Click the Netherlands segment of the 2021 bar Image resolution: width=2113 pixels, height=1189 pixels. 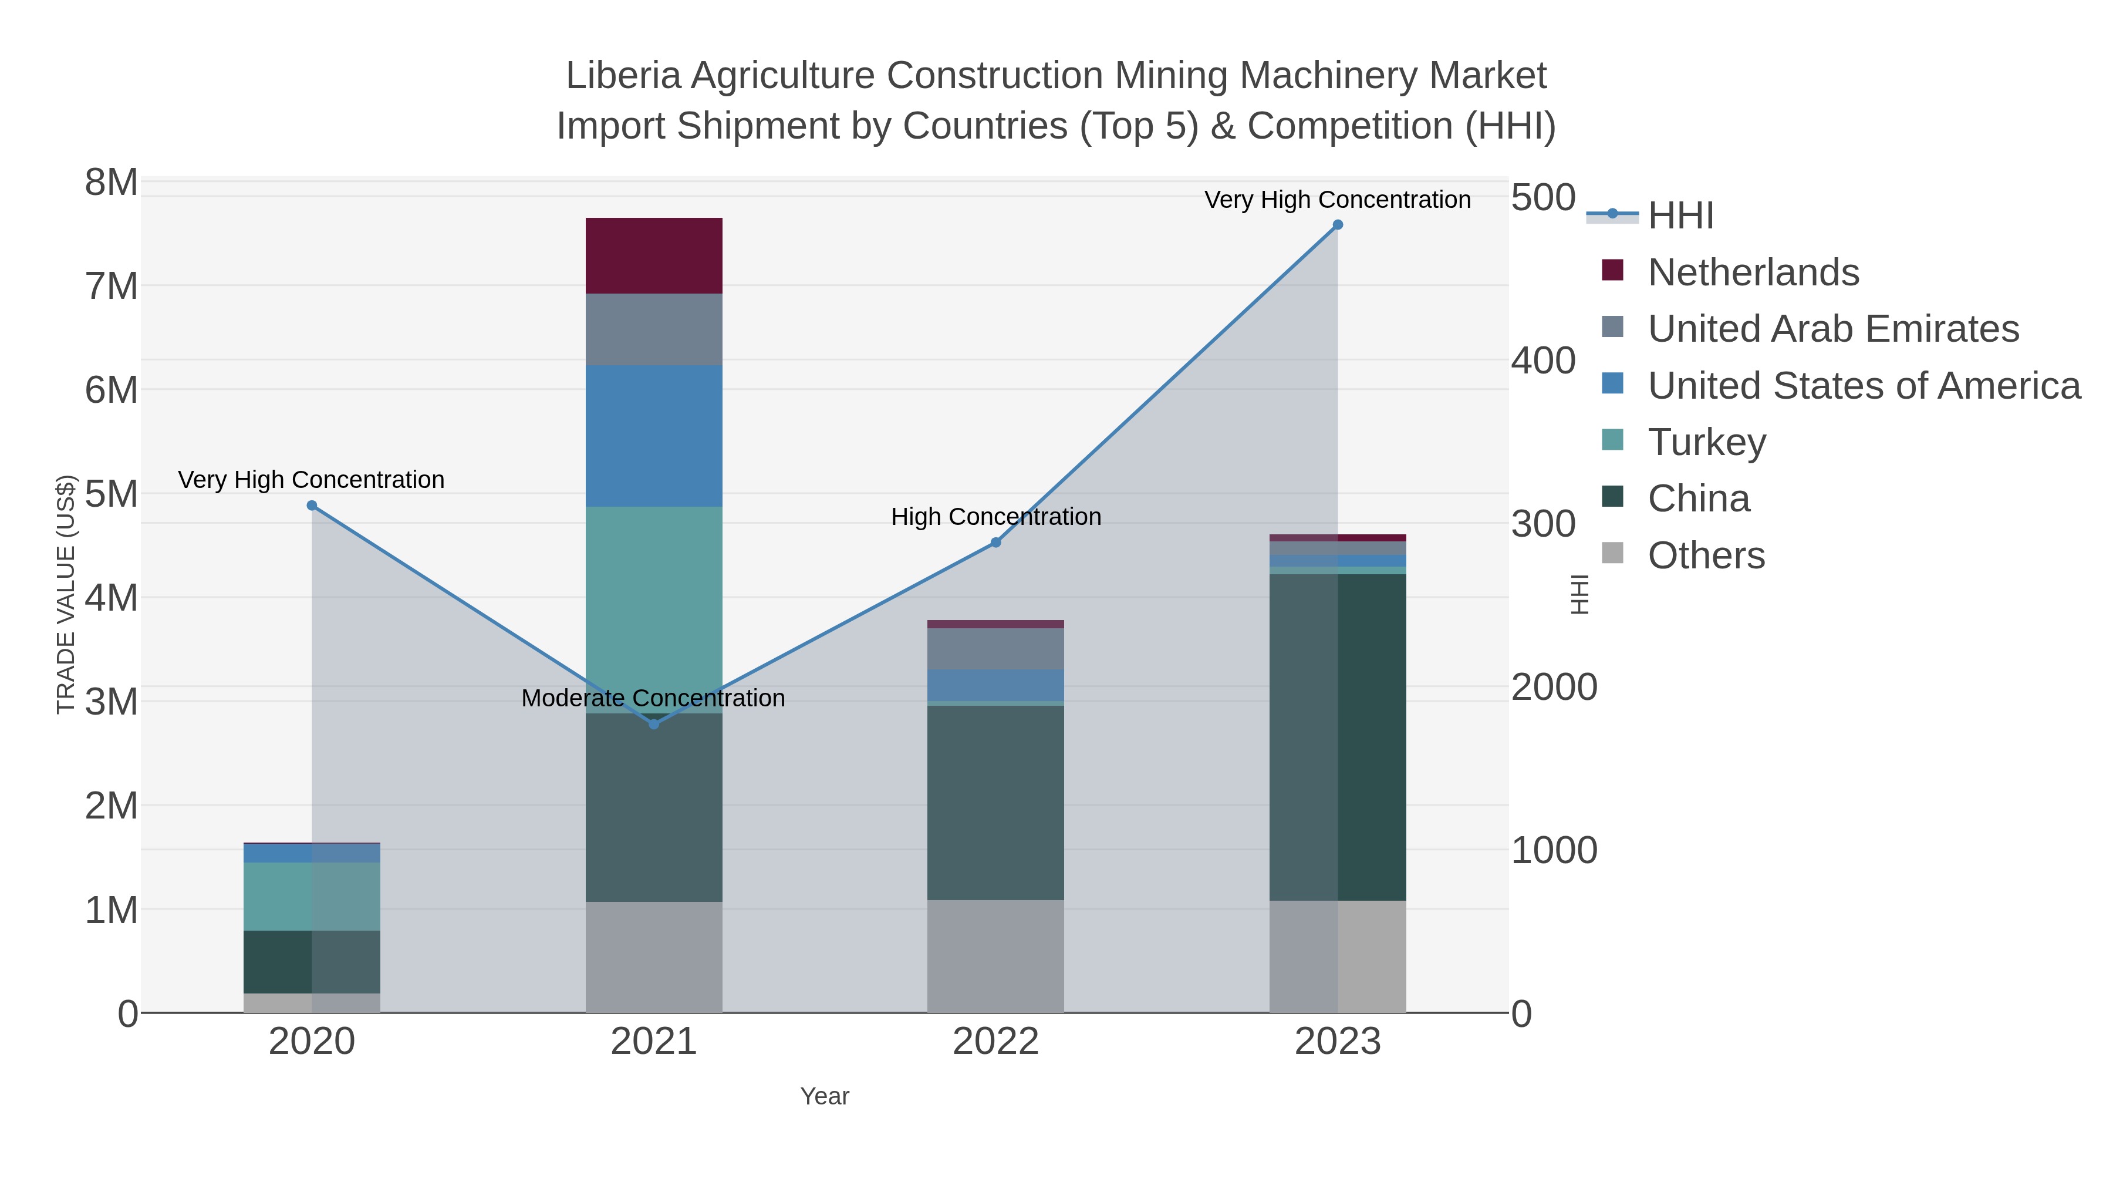click(654, 255)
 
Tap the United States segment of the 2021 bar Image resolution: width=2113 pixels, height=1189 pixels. click(654, 436)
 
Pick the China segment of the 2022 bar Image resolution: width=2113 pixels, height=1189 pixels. click(995, 803)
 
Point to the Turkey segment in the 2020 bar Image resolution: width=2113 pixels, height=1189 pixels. click(312, 896)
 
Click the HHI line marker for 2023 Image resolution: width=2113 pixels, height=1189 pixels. click(1338, 225)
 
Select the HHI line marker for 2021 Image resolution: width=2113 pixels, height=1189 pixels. click(654, 724)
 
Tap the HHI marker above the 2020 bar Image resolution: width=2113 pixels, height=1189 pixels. click(312, 506)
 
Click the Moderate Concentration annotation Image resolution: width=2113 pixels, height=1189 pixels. click(653, 698)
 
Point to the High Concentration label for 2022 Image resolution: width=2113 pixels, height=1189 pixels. click(996, 517)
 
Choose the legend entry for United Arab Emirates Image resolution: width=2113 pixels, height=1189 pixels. click(1832, 329)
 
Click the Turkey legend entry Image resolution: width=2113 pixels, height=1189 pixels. click(1706, 442)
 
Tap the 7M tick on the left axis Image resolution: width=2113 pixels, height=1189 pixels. click(112, 287)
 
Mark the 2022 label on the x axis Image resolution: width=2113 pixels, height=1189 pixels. click(995, 1042)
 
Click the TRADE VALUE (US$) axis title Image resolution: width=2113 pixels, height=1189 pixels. click(66, 594)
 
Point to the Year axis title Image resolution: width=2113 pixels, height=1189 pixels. click(825, 1096)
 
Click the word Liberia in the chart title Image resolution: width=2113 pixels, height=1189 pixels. click(623, 76)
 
